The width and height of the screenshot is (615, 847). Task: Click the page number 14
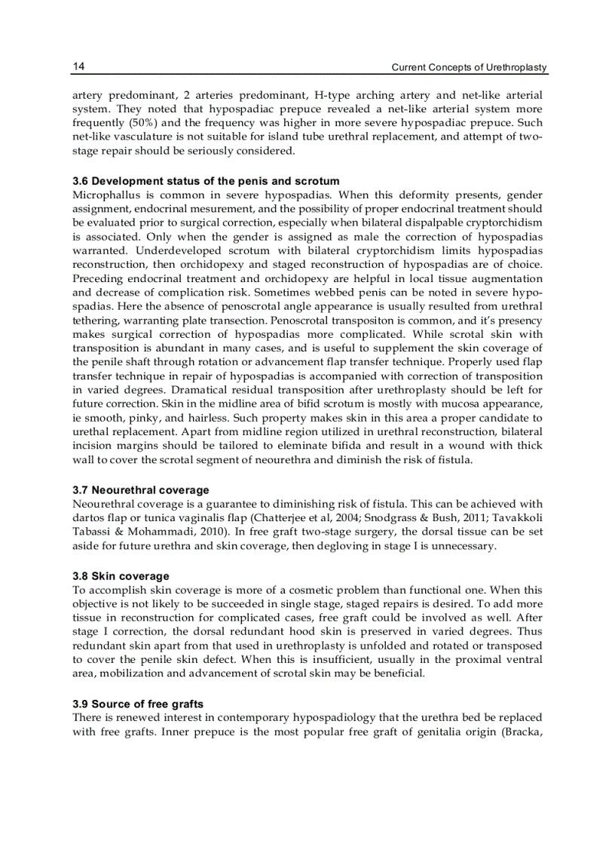78,67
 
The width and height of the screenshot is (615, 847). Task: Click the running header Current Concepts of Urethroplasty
469,68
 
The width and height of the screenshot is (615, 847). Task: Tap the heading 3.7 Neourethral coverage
141,490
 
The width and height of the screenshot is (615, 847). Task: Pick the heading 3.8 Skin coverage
121,576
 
